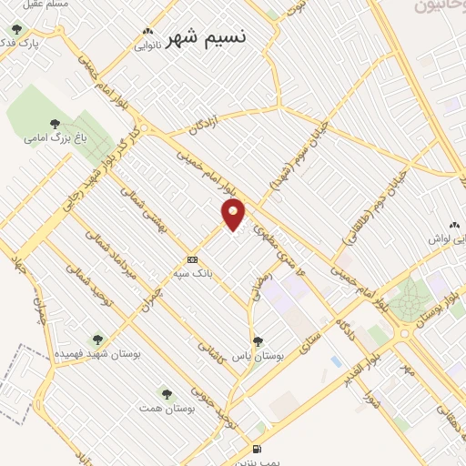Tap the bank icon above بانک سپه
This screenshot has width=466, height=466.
(191, 258)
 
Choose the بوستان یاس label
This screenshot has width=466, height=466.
(257, 356)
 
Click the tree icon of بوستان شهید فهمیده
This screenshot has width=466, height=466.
(99, 339)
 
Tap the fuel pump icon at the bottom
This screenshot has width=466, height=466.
(256, 448)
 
